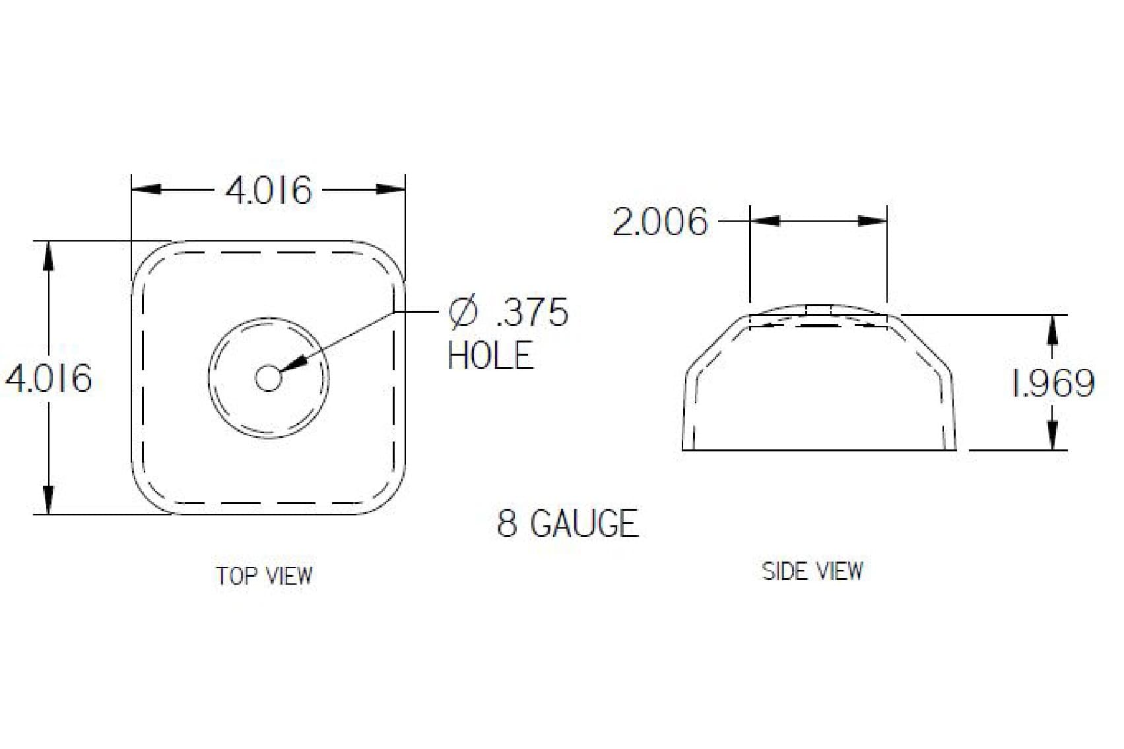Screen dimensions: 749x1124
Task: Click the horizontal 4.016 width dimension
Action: [x=268, y=191]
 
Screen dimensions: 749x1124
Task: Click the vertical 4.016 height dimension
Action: [x=49, y=379]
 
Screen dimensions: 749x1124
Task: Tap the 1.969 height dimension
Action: [x=1053, y=383]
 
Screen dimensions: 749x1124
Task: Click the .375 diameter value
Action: [x=531, y=312]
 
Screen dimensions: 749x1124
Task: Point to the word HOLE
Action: [x=490, y=356]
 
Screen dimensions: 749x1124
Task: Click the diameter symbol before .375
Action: [x=462, y=312]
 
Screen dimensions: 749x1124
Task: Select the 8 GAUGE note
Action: [x=568, y=523]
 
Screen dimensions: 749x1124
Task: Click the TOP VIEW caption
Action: [x=265, y=575]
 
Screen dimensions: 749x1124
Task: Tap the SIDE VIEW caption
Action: [x=812, y=571]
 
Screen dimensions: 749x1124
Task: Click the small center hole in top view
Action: [x=268, y=378]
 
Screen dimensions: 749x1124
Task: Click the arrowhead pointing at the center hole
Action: [x=296, y=364]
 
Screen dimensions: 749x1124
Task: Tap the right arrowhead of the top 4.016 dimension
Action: [x=390, y=189]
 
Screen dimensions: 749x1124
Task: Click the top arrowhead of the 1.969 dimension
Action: [x=1053, y=329]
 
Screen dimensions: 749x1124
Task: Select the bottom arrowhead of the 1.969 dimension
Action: [x=1053, y=436]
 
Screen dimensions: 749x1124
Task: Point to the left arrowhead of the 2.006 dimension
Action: [x=765, y=220]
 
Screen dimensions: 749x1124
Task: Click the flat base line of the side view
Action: [x=818, y=450]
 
